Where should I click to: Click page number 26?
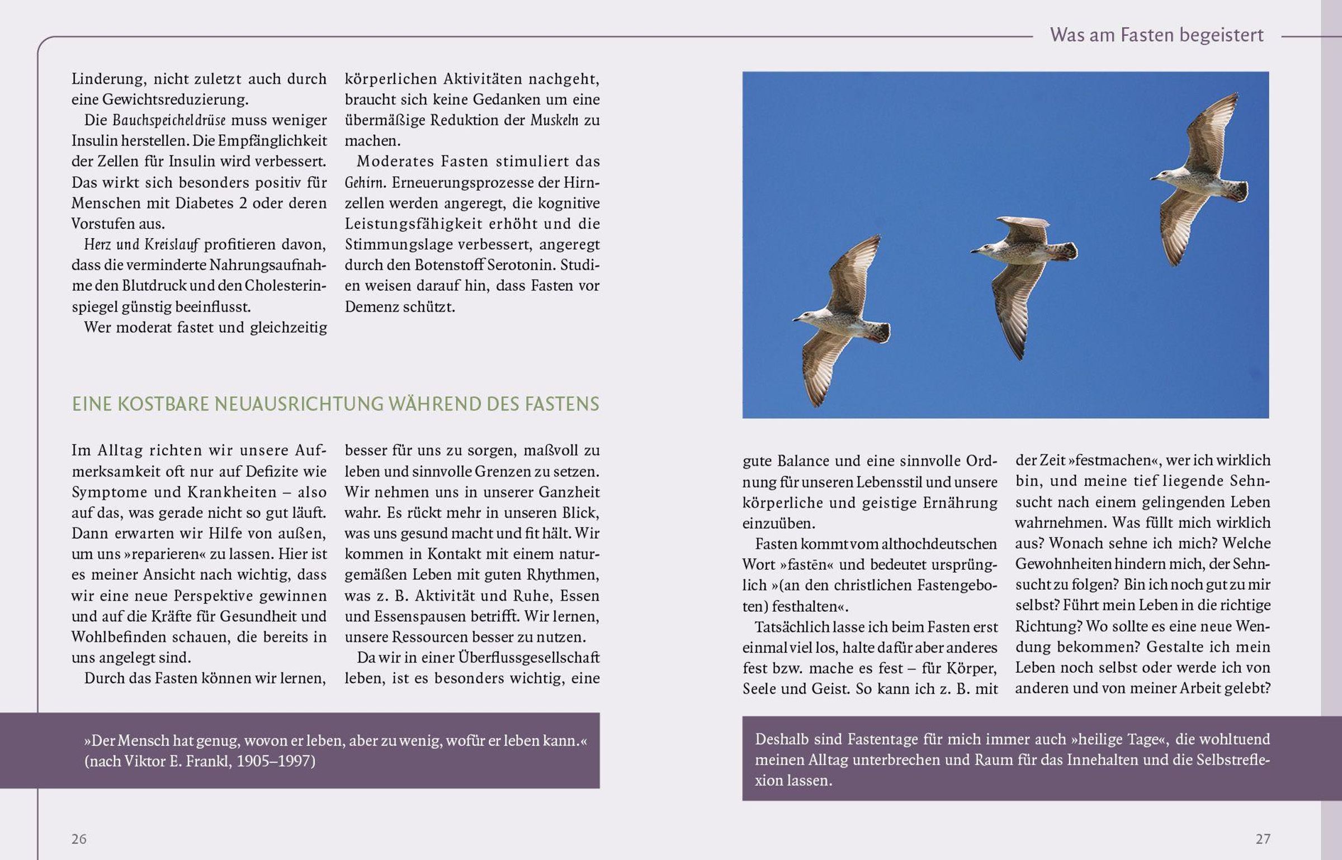[79, 839]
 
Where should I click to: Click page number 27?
[1263, 839]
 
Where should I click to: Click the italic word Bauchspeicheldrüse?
[169, 120]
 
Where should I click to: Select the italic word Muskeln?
[554, 120]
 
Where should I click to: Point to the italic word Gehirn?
[364, 183]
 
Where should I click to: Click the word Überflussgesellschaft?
[528, 658]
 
